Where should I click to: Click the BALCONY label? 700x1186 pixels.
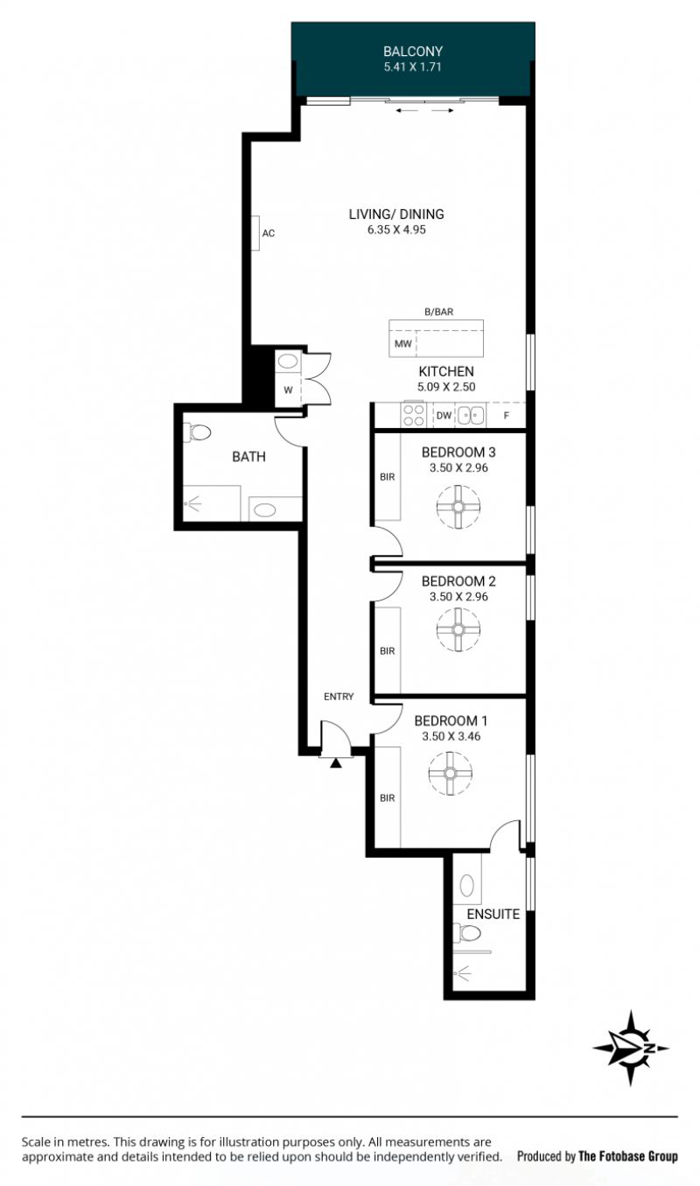(413, 52)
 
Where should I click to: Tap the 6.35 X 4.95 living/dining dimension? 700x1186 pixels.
(396, 230)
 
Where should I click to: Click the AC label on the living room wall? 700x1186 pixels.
(269, 233)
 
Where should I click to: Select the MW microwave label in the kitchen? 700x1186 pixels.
(402, 344)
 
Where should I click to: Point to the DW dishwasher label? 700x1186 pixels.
(444, 416)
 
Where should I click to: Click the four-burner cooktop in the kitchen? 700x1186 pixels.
(413, 415)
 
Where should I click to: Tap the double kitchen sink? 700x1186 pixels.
(471, 415)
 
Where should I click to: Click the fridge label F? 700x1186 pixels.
(507, 416)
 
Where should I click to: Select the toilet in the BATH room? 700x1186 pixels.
(196, 432)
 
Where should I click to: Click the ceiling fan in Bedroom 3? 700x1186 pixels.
(458, 507)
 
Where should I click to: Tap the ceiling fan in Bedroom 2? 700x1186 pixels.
(458, 629)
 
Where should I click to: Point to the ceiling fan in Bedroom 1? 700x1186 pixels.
(451, 773)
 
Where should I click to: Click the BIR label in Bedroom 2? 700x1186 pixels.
(388, 650)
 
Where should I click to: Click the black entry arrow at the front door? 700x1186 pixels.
(335, 763)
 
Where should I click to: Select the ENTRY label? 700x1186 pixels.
(339, 697)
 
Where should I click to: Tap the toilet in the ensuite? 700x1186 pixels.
(466, 932)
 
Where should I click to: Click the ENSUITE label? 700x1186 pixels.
(493, 914)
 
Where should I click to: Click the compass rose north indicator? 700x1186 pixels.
(631, 1048)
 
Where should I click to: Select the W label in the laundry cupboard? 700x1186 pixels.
(288, 390)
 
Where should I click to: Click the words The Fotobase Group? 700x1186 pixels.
(628, 1156)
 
